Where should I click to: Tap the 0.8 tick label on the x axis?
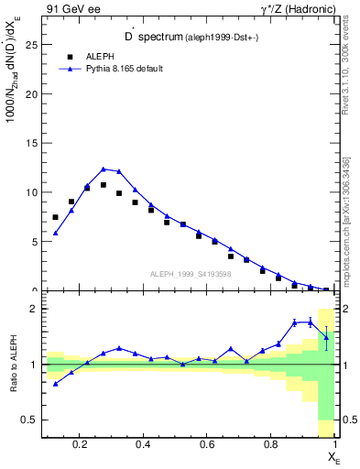coord(271,446)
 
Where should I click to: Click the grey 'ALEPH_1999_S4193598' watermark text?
coord(190,273)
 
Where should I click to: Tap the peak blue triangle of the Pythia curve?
coord(104,169)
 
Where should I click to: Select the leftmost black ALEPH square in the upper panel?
coord(56,217)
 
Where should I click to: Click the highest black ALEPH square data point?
coord(104,185)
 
